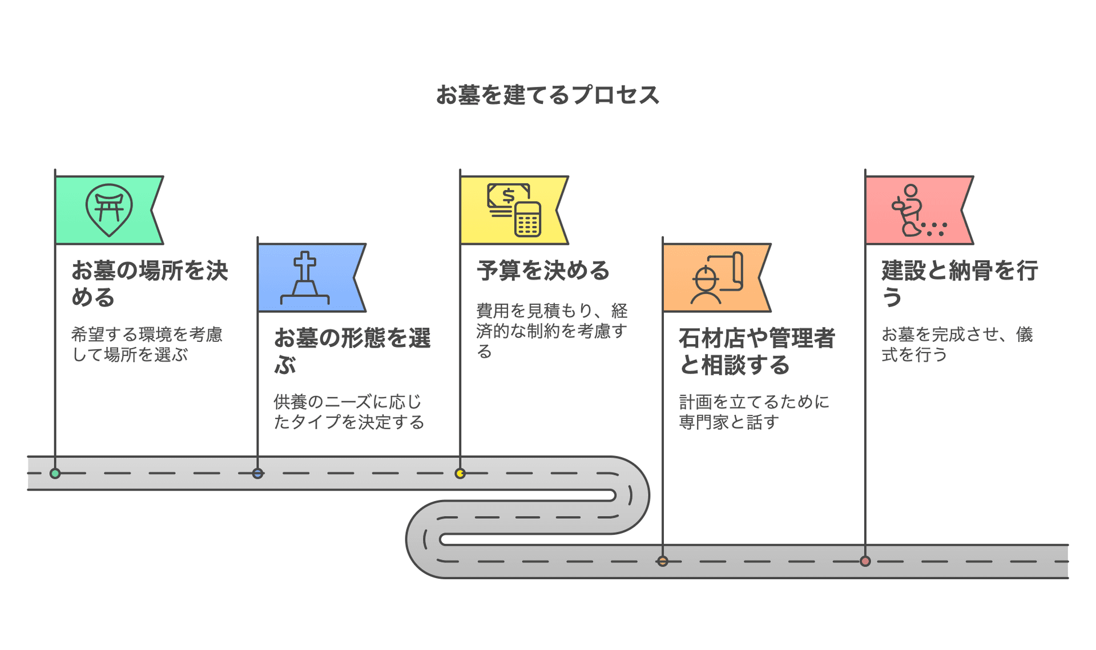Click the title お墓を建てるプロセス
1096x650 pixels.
tap(547, 95)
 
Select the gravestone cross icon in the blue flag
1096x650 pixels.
tap(305, 278)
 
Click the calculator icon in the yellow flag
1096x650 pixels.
tap(527, 219)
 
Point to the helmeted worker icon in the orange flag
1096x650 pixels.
tap(706, 284)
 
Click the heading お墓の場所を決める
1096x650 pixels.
tap(150, 284)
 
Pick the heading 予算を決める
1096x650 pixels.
tap(543, 270)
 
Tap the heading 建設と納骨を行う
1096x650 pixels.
tap(959, 284)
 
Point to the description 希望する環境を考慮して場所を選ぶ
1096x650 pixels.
tap(147, 344)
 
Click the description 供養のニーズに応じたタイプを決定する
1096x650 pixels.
tap(349, 411)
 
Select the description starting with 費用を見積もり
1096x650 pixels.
tap(551, 330)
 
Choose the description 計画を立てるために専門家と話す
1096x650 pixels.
tap(754, 411)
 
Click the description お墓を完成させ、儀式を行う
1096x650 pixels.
tap(957, 344)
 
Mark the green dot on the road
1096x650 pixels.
tap(55, 473)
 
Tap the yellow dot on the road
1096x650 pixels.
tap(460, 473)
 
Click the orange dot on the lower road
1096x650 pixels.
tap(662, 561)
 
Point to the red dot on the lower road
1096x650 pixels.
tap(865, 561)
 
